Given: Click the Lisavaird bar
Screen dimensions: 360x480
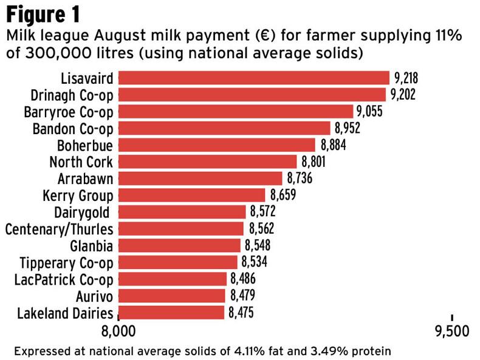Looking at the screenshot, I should [x=253, y=78].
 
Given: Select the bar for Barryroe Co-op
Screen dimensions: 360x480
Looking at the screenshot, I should [x=236, y=111].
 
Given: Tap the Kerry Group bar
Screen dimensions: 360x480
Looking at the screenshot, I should [x=191, y=195].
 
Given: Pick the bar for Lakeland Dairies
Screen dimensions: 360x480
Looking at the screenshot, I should [x=171, y=313].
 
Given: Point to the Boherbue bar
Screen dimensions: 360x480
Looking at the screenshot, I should [x=217, y=145].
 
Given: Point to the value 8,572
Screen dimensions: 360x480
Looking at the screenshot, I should [x=262, y=212].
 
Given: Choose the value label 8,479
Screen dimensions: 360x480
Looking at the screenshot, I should [x=242, y=296].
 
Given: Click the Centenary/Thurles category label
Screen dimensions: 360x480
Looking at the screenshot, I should [x=59, y=229].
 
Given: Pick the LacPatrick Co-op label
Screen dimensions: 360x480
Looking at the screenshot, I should [x=64, y=279].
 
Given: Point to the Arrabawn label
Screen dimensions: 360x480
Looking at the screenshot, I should [x=85, y=179].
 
